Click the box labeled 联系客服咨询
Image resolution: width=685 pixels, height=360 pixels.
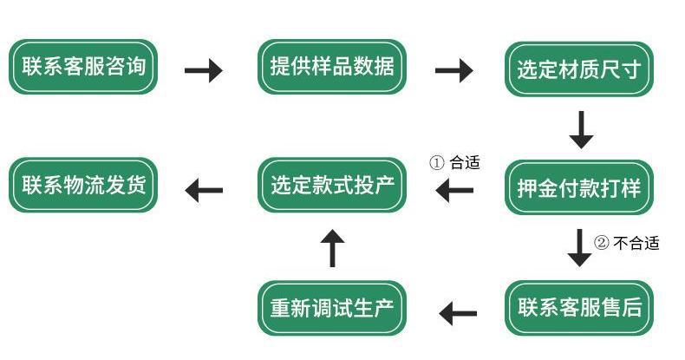pos(83,67)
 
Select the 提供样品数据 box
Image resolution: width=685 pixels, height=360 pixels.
pos(332,67)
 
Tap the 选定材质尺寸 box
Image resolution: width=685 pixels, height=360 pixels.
pos(579,69)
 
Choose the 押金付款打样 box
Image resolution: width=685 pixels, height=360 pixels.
pos(579,187)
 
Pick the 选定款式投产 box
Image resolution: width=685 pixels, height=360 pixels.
pos(332,186)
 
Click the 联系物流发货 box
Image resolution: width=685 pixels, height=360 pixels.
pos(83,186)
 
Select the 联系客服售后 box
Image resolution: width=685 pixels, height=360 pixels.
pos(579,308)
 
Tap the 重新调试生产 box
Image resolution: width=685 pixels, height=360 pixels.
pos(332,308)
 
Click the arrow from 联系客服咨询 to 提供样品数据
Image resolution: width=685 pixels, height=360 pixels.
pos(204,70)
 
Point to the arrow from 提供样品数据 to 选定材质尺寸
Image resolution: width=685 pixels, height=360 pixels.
pos(453,70)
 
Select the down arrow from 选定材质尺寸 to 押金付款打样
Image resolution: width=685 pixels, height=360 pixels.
pos(581,130)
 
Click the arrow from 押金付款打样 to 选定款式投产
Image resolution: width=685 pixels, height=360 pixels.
pos(454,190)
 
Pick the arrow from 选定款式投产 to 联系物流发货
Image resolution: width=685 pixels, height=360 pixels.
pos(204,190)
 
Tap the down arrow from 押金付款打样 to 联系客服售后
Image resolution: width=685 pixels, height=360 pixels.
pos(580,248)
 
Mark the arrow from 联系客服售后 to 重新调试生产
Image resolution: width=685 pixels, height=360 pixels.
pos(458,313)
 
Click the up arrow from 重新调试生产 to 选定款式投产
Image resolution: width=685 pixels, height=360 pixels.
pos(332,248)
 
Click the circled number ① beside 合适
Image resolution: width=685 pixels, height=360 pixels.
pos(437,163)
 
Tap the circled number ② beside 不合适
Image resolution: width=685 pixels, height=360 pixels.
pos(602,243)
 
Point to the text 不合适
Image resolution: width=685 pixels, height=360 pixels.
pos(636,243)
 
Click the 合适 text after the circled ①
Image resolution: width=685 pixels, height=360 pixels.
pos(465,163)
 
